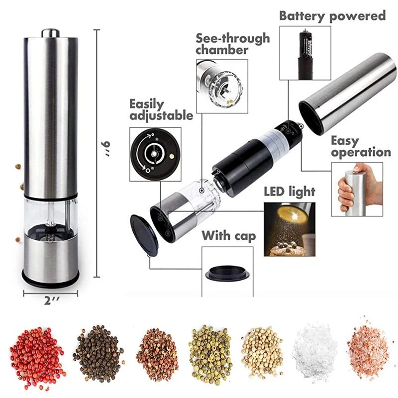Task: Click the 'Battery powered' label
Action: point(332,15)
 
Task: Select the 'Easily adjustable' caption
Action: point(161,110)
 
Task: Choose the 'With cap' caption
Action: point(229,235)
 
